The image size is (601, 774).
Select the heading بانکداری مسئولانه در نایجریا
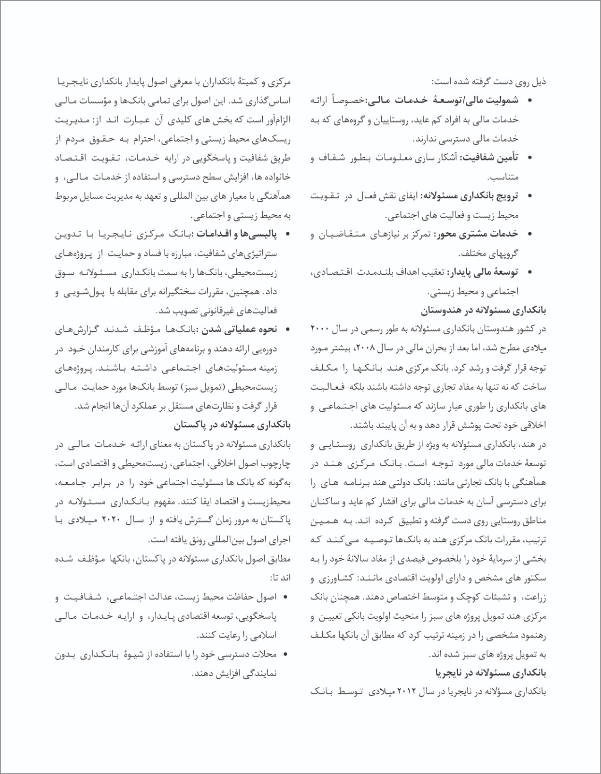click(491, 672)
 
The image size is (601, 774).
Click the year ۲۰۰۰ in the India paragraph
click(319, 329)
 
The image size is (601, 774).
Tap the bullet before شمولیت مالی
click(530, 101)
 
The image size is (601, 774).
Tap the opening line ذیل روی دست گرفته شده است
click(489, 82)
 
